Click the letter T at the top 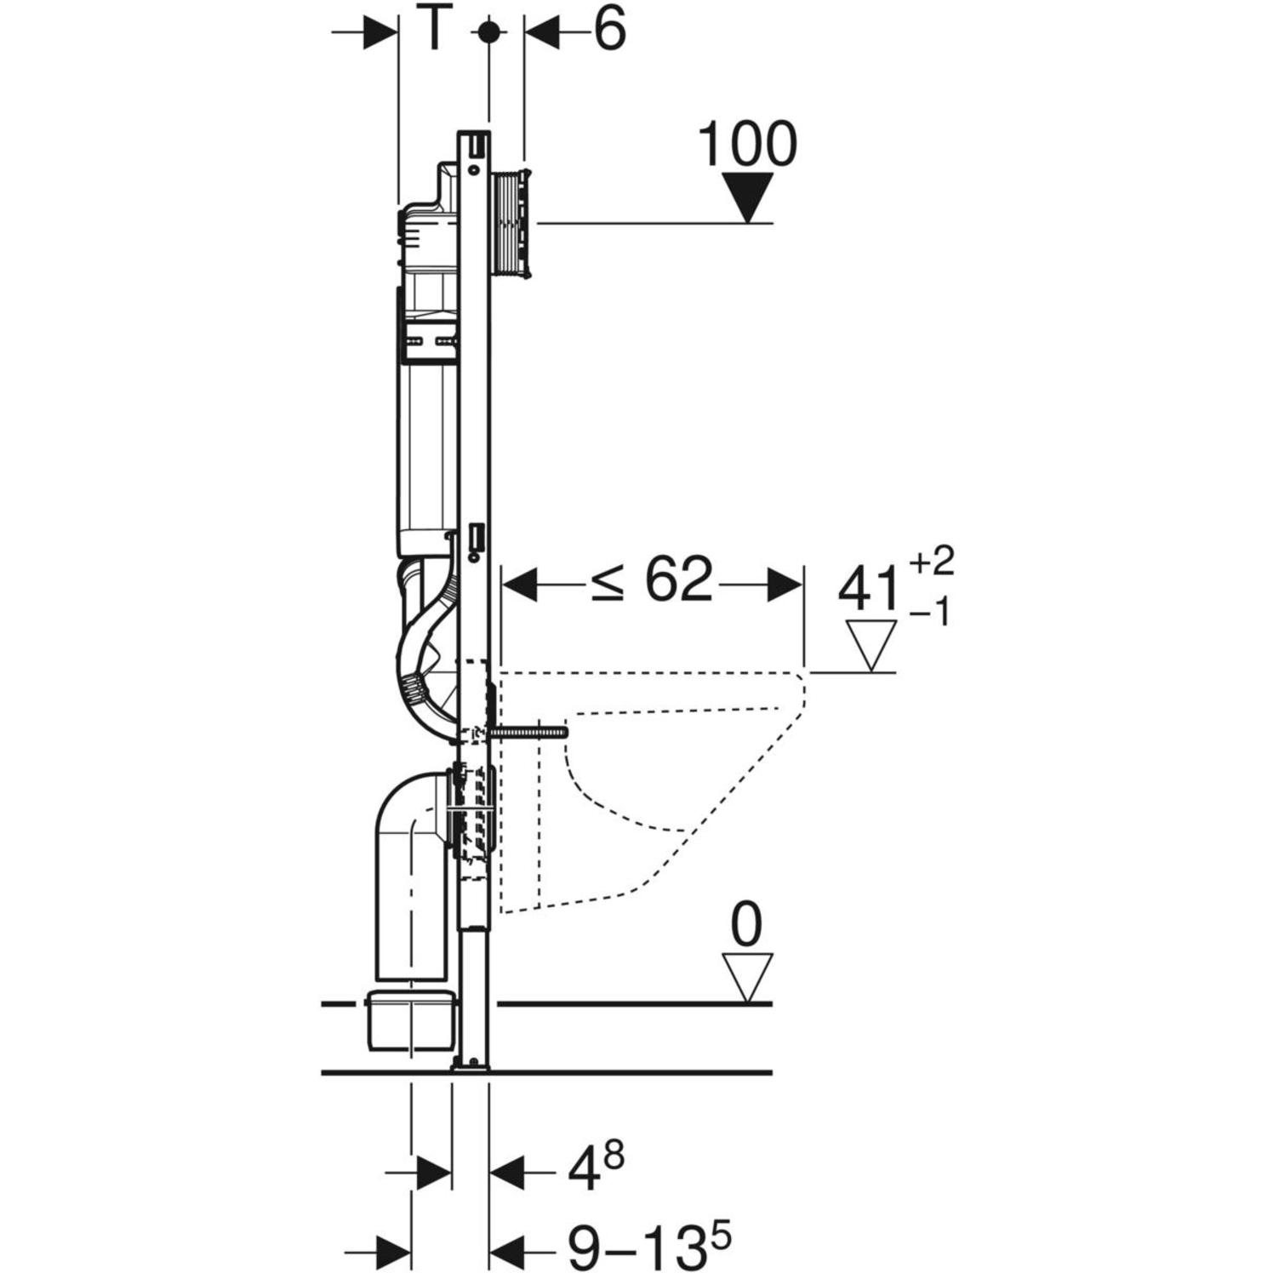point(433,31)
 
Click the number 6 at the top point(608,31)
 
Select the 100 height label point(747,144)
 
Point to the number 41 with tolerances point(869,589)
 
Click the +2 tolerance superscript point(932,562)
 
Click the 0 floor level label point(746,927)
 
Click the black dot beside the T point(488,32)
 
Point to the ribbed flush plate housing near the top point(511,224)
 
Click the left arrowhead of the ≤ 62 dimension point(520,585)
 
